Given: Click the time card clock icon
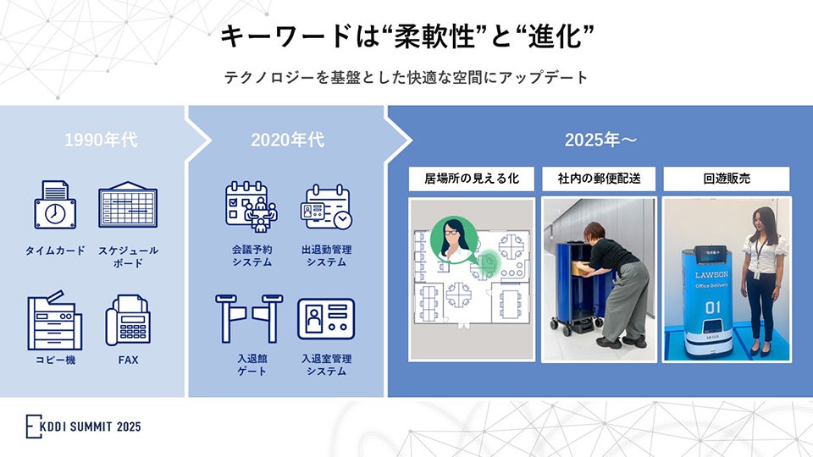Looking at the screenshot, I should pos(55,205).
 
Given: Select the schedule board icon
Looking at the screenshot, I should pos(128,205).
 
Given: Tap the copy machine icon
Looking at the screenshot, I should pos(55,319).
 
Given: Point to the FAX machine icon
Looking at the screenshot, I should pos(128,320).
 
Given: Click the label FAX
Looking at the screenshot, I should pos(128,360).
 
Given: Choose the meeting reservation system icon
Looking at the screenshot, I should pos(252,206).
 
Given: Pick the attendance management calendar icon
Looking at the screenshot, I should pos(326,206).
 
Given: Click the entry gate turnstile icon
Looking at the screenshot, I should pos(252,318).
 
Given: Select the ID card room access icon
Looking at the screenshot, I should pos(326,319).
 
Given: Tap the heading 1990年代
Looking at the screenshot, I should pos(101,140).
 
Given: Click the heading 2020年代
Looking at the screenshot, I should pos(287,140).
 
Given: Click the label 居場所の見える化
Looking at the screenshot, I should pos(473,179).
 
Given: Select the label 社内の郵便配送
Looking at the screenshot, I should pos(600,179).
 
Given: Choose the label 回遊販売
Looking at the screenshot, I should pos(727,179).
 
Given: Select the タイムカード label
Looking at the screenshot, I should pos(55,251).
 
